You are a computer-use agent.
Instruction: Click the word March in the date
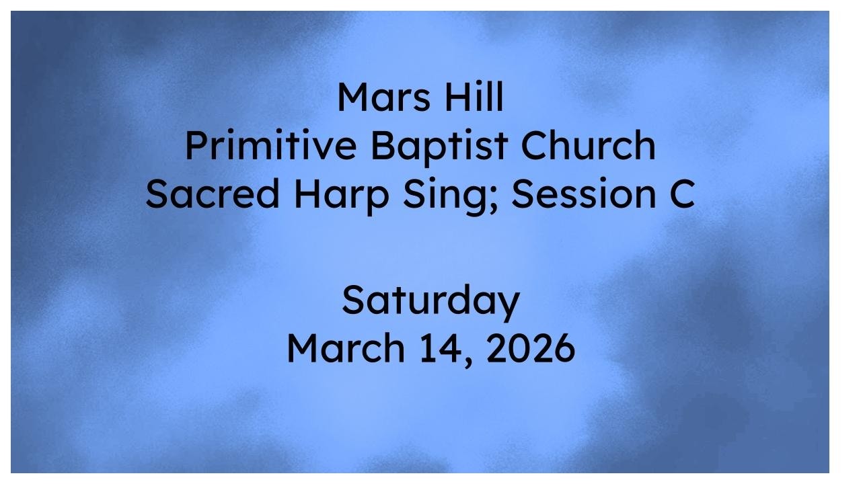click(344, 348)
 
